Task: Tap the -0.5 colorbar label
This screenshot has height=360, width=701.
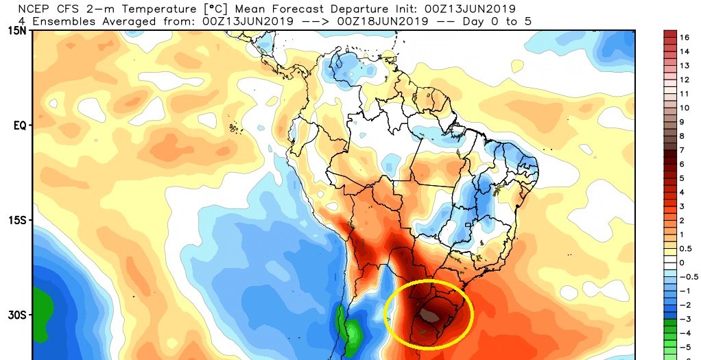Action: point(688,276)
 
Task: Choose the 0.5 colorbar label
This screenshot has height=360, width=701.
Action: point(686,248)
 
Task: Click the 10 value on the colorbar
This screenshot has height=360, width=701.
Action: point(685,108)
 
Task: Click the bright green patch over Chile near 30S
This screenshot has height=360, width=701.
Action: point(352,331)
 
